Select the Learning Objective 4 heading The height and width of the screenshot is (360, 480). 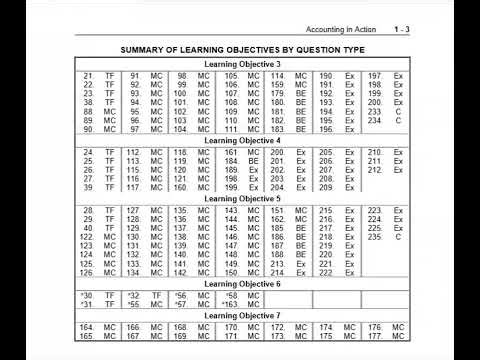(241, 141)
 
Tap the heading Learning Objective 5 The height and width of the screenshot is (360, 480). (241, 198)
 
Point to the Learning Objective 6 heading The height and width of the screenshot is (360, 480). (241, 284)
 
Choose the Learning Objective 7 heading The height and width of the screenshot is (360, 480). (241, 316)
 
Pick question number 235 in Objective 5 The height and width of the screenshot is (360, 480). (373, 237)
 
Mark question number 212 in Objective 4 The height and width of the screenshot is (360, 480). (373, 169)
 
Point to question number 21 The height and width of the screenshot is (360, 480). (88, 76)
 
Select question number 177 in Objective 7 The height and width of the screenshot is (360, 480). (374, 336)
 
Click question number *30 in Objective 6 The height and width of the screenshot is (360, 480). (86, 295)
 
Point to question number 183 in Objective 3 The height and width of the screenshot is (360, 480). (277, 129)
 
